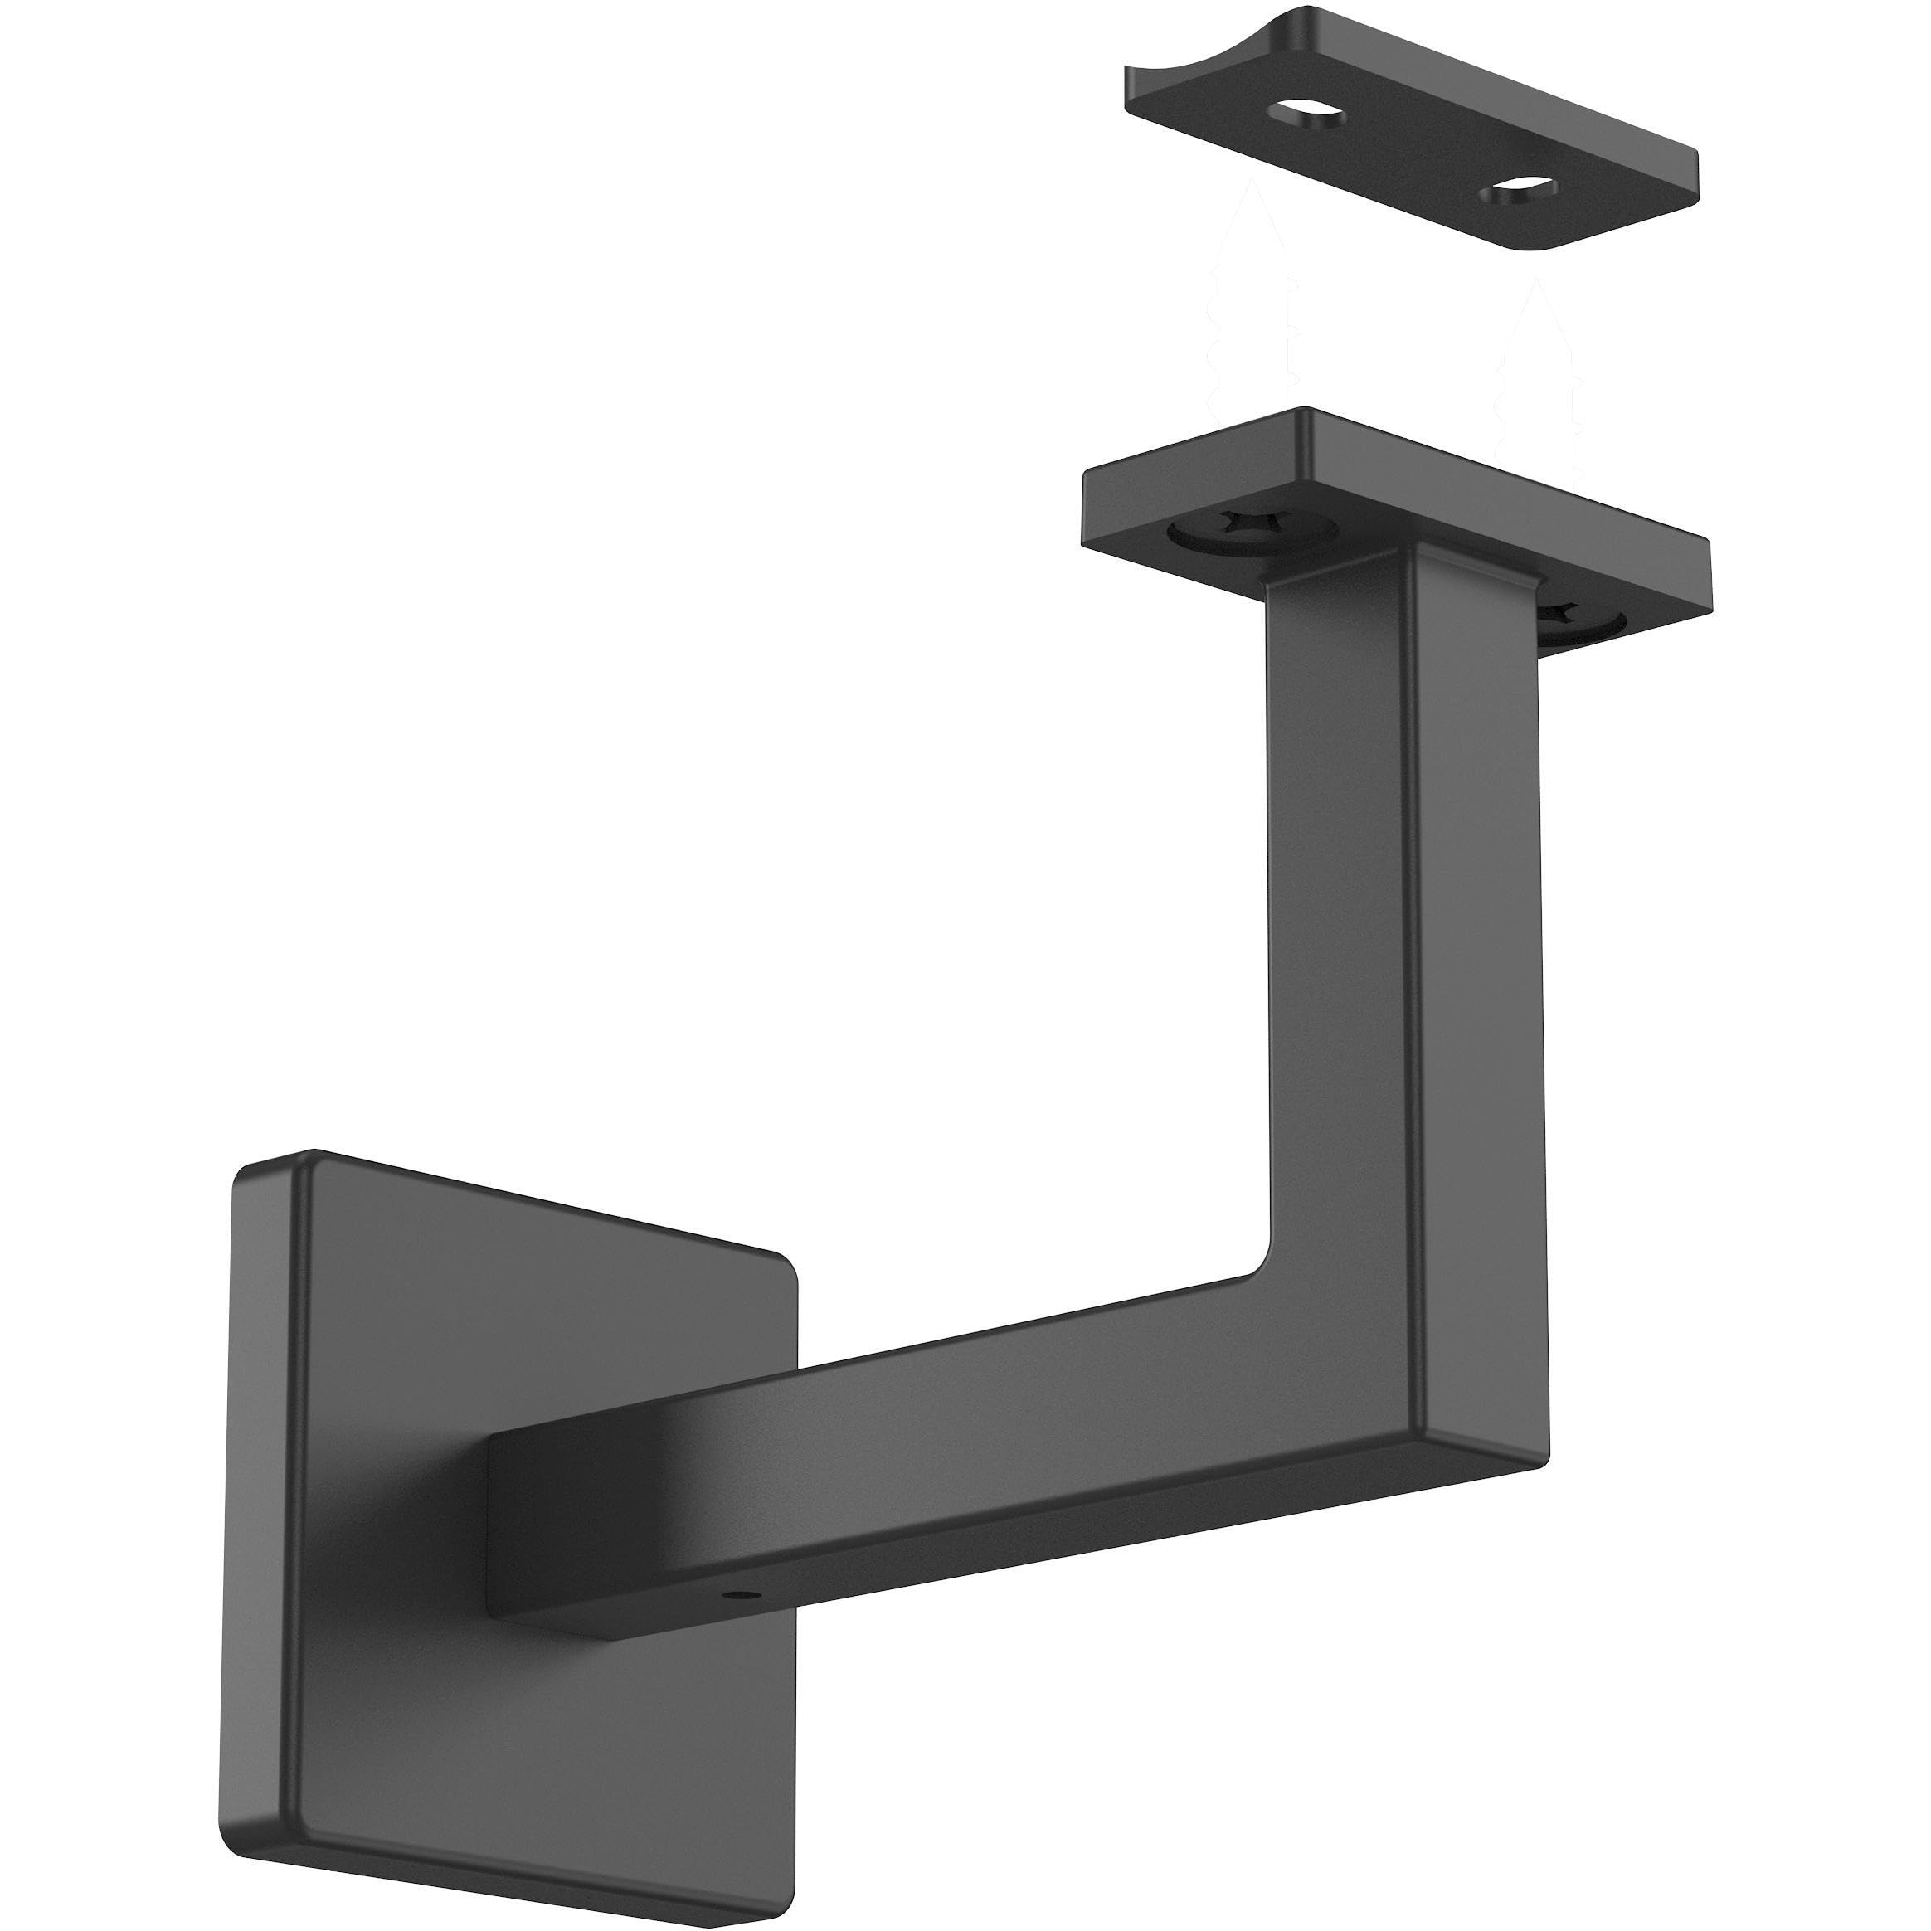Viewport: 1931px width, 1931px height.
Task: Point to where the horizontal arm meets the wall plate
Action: pos(489,1499)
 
